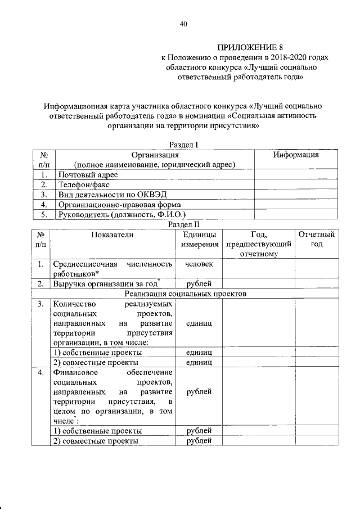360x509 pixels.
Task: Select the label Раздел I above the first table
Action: point(184,145)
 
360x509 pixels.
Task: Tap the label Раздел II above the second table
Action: point(185,224)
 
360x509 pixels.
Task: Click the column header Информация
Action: point(296,155)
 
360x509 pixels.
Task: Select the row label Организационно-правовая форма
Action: point(112,204)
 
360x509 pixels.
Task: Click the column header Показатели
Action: point(112,235)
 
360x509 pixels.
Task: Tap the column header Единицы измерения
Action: point(199,240)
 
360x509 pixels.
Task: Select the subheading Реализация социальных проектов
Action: point(186,294)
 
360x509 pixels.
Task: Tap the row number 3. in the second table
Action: point(41,304)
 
